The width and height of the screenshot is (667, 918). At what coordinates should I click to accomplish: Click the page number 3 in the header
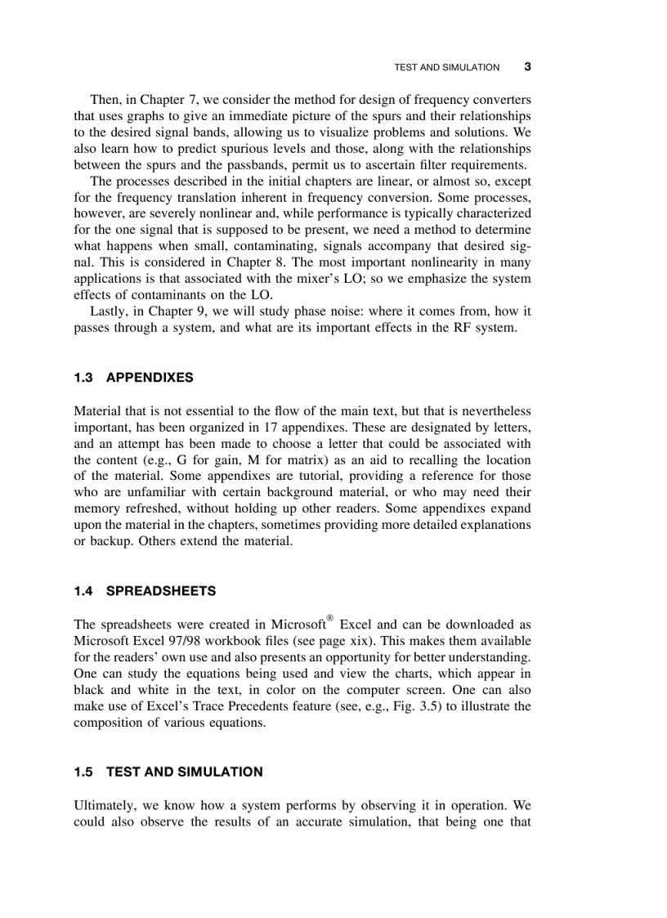pos(527,66)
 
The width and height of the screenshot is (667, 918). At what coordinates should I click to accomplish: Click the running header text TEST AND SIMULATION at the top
pos(446,67)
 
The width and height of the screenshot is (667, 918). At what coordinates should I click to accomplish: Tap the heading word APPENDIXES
pos(150,378)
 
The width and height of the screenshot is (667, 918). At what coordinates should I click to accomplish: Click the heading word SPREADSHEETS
pos(161,590)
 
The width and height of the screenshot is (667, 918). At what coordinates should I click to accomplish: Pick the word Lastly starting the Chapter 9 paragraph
pos(109,311)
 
